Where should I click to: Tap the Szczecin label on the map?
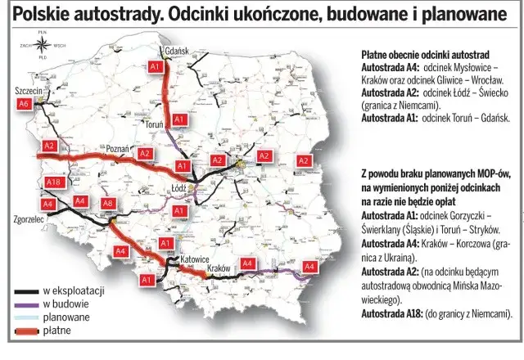point(29,90)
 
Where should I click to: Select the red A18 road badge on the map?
point(54,182)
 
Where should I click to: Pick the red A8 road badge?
point(108,202)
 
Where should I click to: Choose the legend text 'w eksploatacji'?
point(74,291)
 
